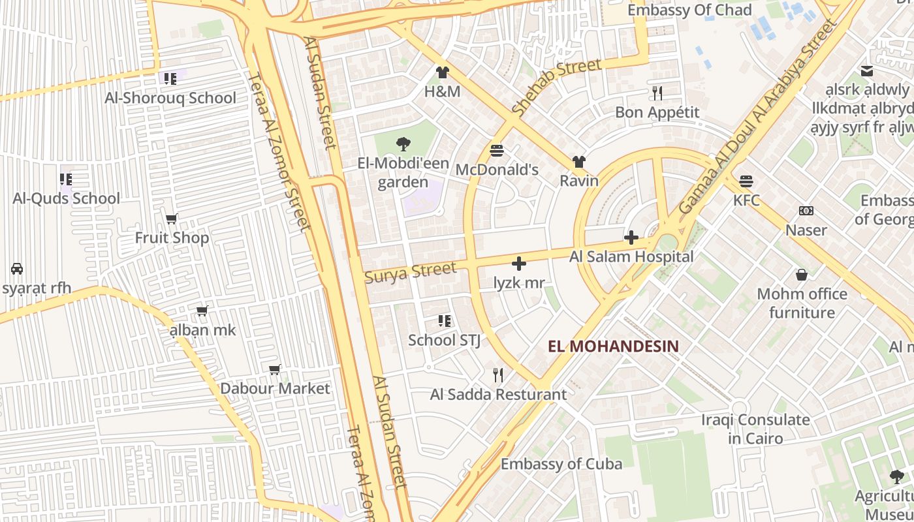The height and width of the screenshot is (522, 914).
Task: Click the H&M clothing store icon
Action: [443, 72]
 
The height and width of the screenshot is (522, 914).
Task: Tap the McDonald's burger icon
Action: [497, 151]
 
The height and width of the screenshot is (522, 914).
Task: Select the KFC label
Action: [746, 200]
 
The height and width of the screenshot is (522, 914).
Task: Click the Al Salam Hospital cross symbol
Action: [631, 238]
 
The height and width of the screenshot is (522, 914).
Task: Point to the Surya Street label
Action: [410, 272]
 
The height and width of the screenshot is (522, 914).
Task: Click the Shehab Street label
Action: [556, 87]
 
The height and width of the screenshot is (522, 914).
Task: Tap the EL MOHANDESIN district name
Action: [613, 346]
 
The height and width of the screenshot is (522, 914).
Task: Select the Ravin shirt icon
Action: [578, 162]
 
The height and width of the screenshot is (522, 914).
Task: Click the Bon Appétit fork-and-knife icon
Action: [657, 93]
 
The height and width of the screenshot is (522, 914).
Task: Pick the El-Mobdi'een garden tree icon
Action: [403, 144]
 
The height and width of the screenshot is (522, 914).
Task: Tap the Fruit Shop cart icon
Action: [172, 219]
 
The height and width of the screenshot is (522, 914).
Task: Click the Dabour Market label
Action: [275, 388]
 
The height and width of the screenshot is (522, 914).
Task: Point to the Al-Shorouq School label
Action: [170, 98]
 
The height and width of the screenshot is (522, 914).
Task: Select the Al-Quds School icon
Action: [66, 179]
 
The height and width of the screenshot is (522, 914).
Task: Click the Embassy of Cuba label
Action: [561, 464]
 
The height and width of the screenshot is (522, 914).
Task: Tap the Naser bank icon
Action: [806, 211]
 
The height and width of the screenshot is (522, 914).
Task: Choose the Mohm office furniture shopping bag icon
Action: [802, 275]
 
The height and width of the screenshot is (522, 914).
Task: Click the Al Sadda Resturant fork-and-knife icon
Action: [498, 375]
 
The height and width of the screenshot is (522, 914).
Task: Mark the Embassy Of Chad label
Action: [689, 10]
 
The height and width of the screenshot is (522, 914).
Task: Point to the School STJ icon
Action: [445, 320]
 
